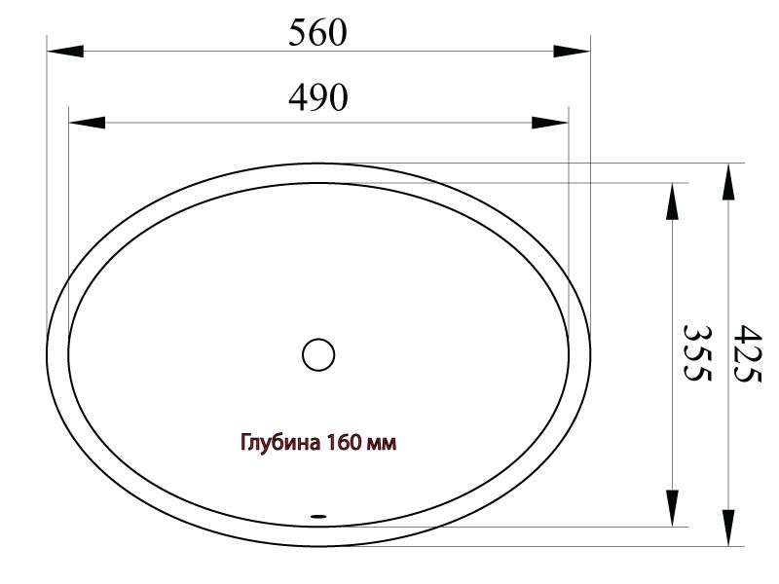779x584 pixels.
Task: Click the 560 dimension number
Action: pos(317,33)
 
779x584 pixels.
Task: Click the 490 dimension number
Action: pos(318,97)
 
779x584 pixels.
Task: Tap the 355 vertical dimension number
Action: pos(697,353)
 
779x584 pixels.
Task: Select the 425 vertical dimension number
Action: pos(748,353)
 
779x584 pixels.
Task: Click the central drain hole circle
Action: pos(318,354)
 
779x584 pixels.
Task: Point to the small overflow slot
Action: pos(318,517)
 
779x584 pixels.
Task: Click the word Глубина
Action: pos(280,443)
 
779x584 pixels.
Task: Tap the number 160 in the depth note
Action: pos(344,442)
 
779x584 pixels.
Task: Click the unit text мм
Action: pos(381,444)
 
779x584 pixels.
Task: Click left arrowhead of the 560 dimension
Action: pos(65,51)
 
